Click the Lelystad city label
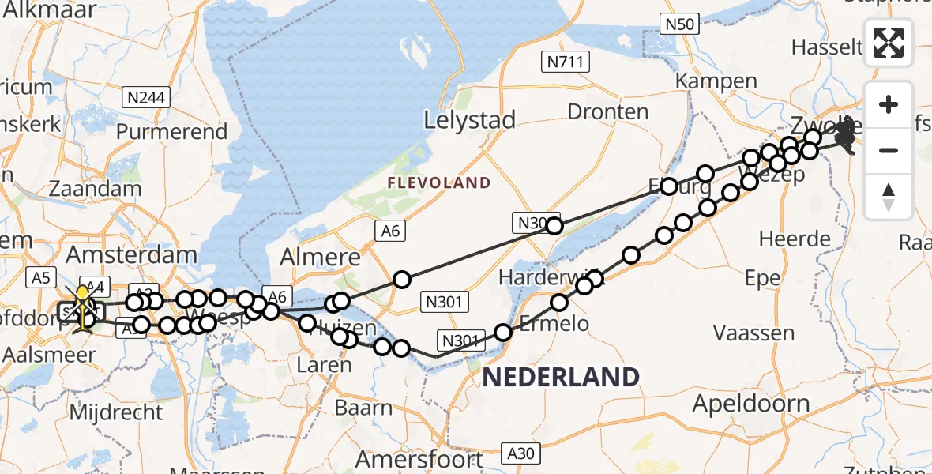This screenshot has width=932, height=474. (469, 121)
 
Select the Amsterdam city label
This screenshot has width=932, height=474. (131, 254)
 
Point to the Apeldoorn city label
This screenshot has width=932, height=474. (751, 404)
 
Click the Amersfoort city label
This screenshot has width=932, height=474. (419, 459)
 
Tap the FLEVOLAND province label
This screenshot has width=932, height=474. (439, 183)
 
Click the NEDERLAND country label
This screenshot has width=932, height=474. (560, 377)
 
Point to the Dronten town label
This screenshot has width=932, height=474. (608, 111)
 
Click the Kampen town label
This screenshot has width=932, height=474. (716, 81)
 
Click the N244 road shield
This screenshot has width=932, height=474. (144, 97)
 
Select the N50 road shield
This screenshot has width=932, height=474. (679, 24)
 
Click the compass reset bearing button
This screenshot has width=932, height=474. (889, 195)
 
